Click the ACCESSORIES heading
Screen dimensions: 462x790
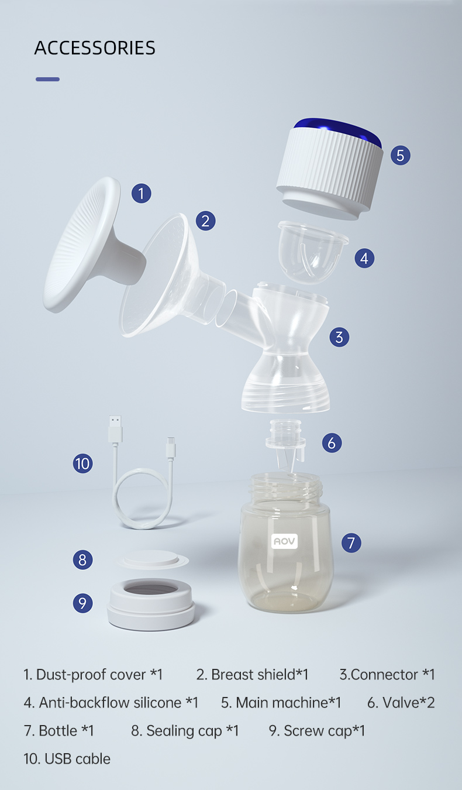(94, 48)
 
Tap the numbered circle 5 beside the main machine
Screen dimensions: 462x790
(401, 155)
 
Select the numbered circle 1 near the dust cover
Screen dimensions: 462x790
(142, 193)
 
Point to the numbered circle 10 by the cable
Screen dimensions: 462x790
(83, 463)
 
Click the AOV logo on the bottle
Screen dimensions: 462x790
(284, 541)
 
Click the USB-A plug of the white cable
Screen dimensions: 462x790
(115, 429)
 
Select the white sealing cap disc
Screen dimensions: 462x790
(152, 559)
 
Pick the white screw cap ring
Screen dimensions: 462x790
(151, 604)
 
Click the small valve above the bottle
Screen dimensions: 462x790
(285, 442)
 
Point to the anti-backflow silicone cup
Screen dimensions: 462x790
(312, 252)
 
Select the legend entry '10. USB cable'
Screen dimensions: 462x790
(67, 758)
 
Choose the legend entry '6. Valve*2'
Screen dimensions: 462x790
(401, 703)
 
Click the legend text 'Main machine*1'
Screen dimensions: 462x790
(288, 703)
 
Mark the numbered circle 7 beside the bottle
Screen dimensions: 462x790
(351, 542)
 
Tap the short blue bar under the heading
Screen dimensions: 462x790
(47, 80)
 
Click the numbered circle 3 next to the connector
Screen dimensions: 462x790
(339, 337)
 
